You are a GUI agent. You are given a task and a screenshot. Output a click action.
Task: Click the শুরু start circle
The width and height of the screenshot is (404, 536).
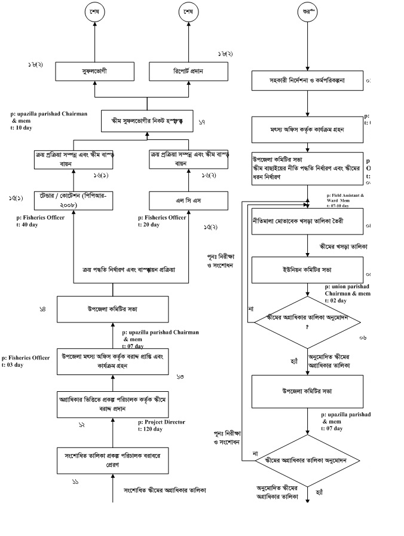click(307, 13)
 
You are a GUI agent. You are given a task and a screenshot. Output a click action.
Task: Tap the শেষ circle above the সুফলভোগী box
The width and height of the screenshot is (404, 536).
click(94, 13)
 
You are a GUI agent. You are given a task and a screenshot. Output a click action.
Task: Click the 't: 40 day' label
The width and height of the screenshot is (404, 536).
click(29, 225)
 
